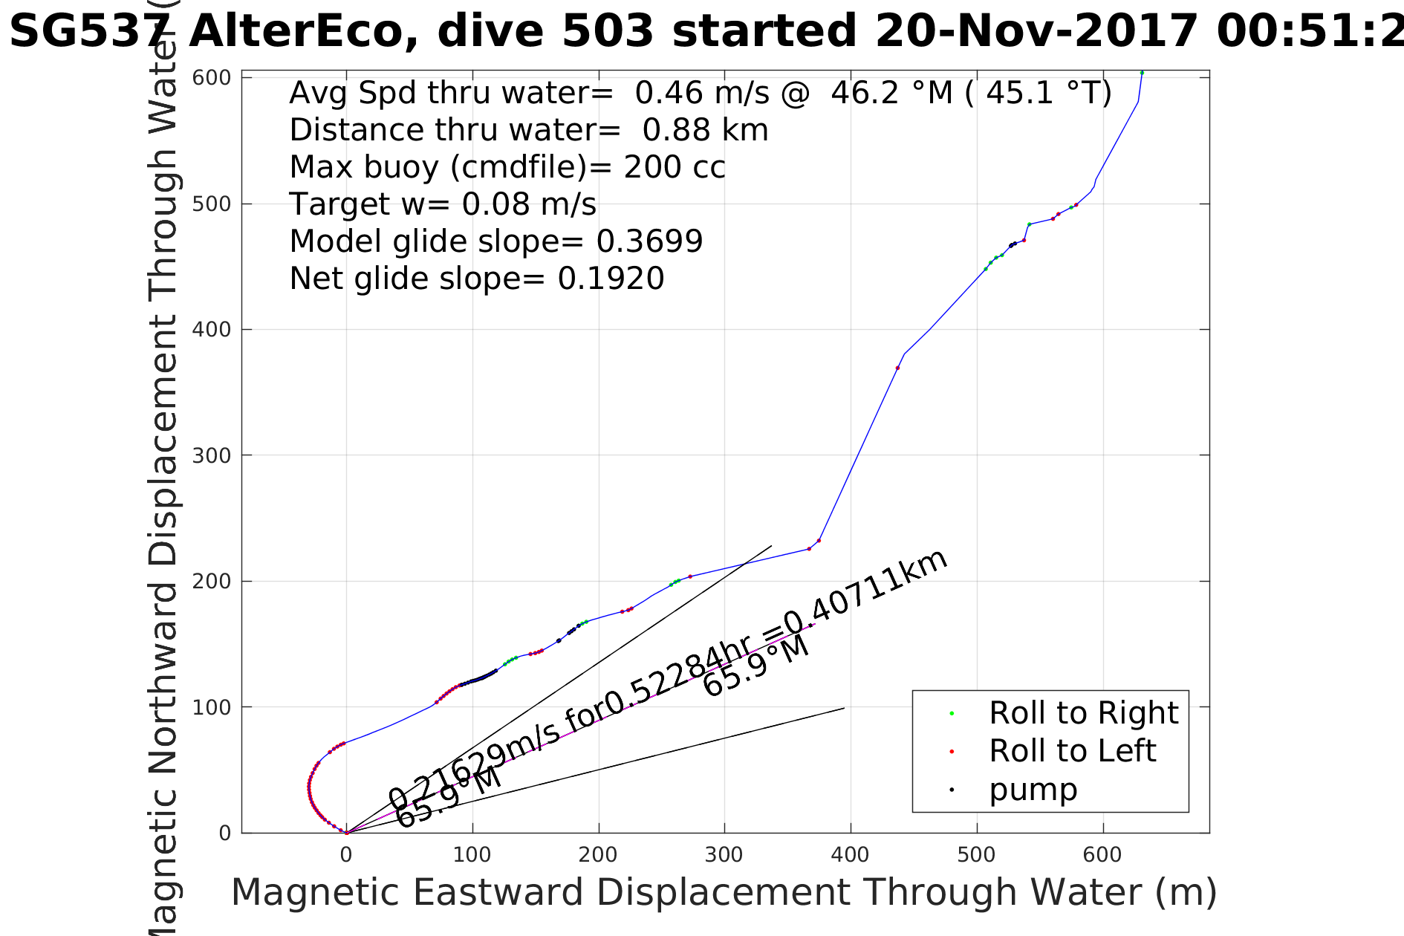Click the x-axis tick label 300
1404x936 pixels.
(724, 855)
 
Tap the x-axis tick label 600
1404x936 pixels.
(1102, 855)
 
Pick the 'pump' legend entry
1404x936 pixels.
(1033, 790)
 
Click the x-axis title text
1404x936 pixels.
(724, 892)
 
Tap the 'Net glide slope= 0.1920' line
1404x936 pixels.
(476, 279)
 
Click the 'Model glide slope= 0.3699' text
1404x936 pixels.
(495, 241)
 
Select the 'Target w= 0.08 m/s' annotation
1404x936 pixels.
(443, 204)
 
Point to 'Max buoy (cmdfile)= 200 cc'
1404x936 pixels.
(507, 167)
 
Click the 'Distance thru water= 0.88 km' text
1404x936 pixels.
(528, 130)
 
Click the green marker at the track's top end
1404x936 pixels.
(1142, 73)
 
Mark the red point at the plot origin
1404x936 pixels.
(347, 833)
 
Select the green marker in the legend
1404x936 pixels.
(952, 714)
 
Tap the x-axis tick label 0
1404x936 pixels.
(346, 855)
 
